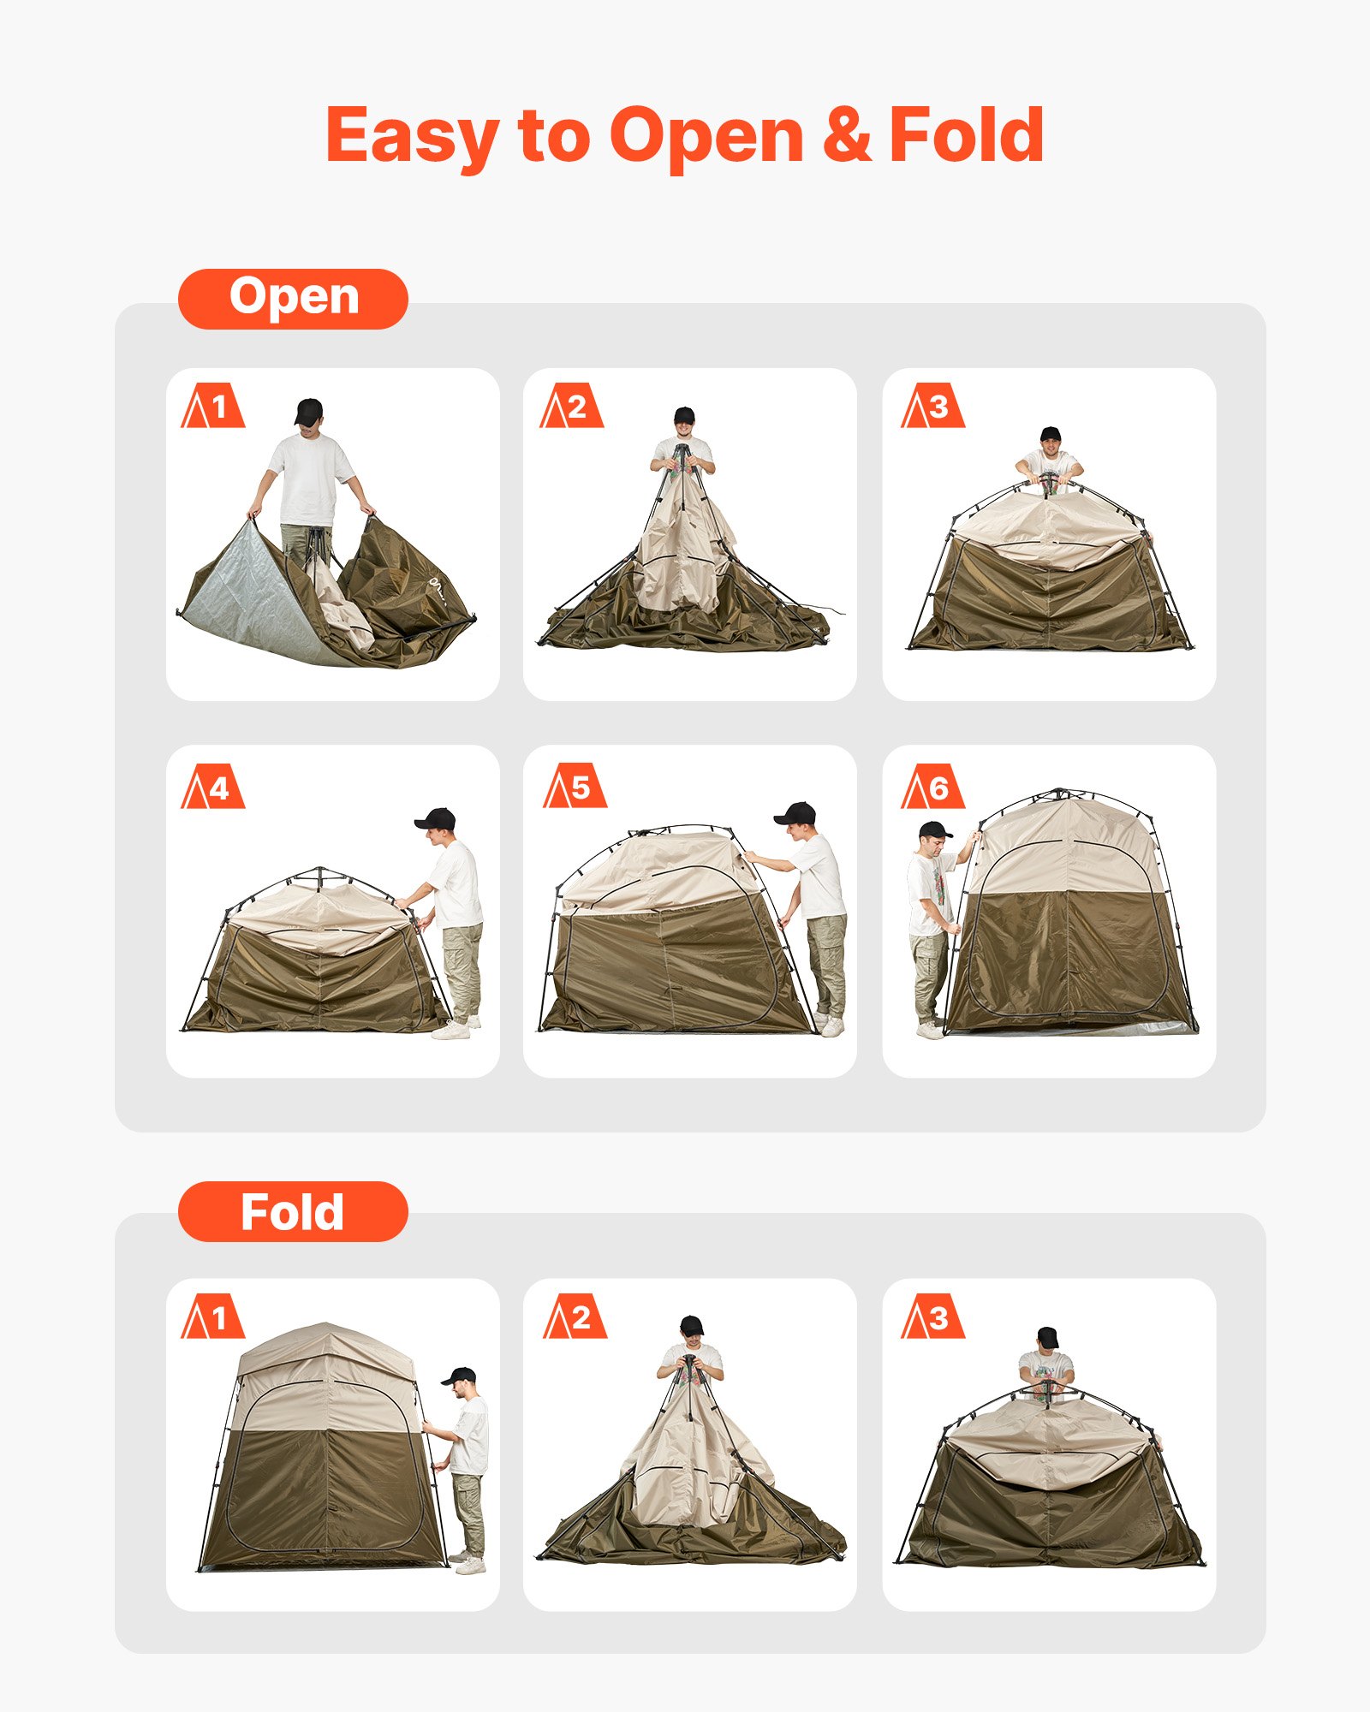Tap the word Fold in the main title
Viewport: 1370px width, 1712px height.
pos(967,135)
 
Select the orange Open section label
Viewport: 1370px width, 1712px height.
pos(293,299)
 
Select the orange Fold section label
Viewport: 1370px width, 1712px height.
pos(293,1211)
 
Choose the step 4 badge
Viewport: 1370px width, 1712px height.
pos(212,787)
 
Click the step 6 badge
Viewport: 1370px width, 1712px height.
pos(932,787)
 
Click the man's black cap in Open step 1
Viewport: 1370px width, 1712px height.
pos(308,409)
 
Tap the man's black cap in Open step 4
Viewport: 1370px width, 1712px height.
pos(437,818)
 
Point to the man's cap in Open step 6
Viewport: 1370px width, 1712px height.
pos(933,829)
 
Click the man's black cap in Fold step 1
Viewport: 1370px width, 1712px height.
pos(460,1375)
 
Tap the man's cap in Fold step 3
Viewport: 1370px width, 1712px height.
pos(1047,1336)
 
